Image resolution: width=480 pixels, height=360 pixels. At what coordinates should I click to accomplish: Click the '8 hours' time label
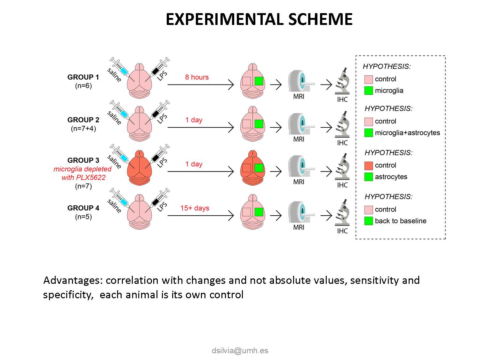(x=196, y=77)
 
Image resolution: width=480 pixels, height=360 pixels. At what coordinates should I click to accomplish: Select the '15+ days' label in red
(x=195, y=208)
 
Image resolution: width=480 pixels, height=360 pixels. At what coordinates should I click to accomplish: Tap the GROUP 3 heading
(x=83, y=160)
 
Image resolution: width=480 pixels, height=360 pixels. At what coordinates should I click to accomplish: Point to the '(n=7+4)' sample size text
(x=83, y=129)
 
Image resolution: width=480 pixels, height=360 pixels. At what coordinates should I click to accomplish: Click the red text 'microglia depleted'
(x=83, y=169)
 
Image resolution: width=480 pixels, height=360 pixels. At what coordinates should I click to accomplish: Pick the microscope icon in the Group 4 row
(x=342, y=213)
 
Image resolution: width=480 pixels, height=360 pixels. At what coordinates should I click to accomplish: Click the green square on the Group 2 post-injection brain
(x=259, y=124)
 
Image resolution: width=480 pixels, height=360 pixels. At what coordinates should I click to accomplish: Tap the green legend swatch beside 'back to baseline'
(x=369, y=221)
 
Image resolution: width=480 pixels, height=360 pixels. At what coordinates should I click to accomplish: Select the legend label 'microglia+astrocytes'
(x=407, y=133)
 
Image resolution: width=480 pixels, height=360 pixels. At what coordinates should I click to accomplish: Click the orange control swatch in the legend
(x=369, y=165)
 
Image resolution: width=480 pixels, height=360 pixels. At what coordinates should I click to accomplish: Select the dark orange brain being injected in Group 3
(x=140, y=170)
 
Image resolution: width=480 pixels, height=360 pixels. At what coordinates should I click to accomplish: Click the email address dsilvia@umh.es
(x=240, y=350)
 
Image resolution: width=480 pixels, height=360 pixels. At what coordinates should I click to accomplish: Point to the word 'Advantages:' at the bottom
(x=73, y=280)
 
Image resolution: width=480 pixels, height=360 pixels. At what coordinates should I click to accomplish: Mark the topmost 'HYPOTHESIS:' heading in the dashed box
(x=387, y=67)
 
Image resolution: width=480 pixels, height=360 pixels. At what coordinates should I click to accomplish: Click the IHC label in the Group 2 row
(x=342, y=143)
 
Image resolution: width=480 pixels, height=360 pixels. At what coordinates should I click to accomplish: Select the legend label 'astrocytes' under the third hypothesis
(x=391, y=177)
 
